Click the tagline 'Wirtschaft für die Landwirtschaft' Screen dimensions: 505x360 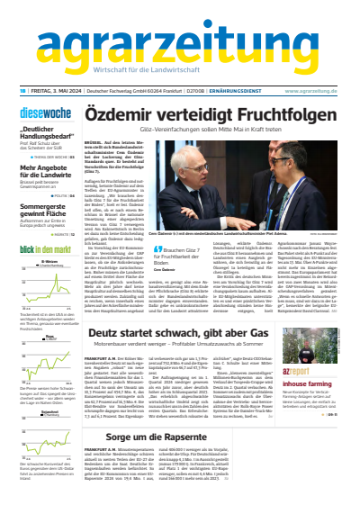(x=180, y=71)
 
